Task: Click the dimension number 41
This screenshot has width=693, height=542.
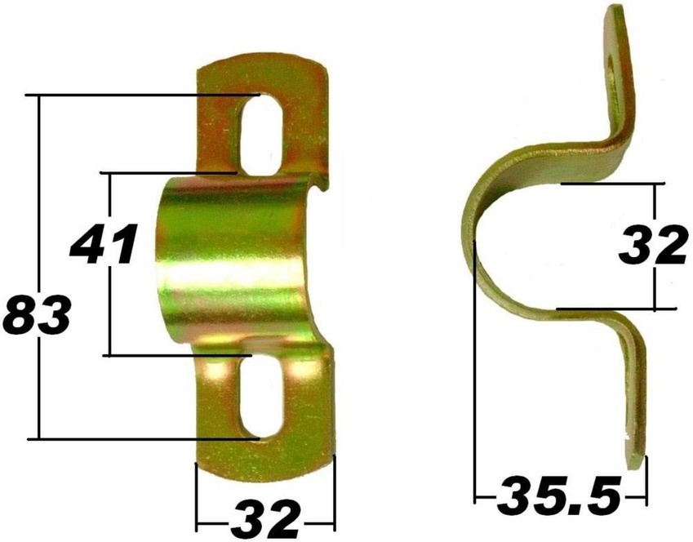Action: point(103,245)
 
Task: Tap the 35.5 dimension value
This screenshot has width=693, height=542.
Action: point(559,494)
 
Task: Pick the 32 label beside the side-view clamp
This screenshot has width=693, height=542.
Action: point(653,246)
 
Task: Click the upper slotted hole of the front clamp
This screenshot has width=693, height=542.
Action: point(260,132)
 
